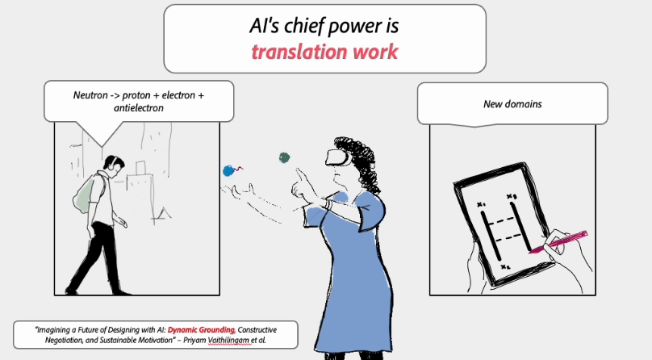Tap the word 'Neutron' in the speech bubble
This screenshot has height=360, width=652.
pyautogui.click(x=90, y=95)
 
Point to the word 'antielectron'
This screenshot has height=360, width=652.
pyautogui.click(x=139, y=108)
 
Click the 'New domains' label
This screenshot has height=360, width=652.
pyautogui.click(x=512, y=104)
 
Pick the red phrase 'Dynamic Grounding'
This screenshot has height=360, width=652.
pyautogui.click(x=201, y=330)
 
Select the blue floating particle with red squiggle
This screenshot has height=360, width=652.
pyautogui.click(x=232, y=170)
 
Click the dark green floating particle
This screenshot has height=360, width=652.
pyautogui.click(x=284, y=157)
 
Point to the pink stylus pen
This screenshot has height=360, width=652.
pyautogui.click(x=558, y=242)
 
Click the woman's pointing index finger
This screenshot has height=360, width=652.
pyautogui.click(x=300, y=174)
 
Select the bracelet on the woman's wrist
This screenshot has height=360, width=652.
pyautogui.click(x=328, y=204)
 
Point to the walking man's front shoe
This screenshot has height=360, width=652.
pyautogui.click(x=119, y=291)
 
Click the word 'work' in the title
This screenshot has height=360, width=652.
pyautogui.click(x=375, y=52)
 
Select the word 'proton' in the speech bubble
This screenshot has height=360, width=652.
pyautogui.click(x=136, y=95)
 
